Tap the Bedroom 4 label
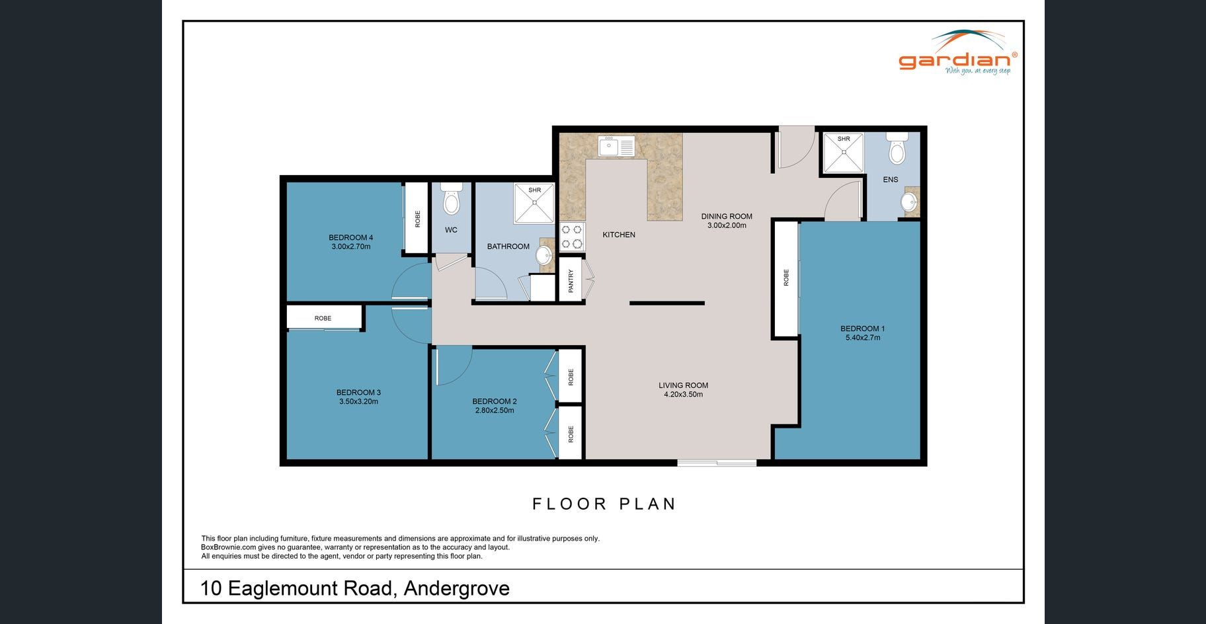click(351, 238)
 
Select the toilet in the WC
click(451, 199)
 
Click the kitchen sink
click(616, 146)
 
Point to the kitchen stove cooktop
click(573, 237)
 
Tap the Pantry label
click(571, 280)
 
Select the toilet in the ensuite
click(897, 148)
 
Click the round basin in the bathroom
click(544, 254)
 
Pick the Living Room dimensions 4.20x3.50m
click(683, 395)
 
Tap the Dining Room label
click(727, 216)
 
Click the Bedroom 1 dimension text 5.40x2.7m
click(863, 338)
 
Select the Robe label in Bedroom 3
click(323, 319)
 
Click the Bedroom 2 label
click(495, 401)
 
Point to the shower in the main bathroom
click(534, 203)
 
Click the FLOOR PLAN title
click(604, 504)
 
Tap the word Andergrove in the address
click(456, 588)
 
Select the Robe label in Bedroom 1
click(786, 277)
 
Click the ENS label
click(891, 180)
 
